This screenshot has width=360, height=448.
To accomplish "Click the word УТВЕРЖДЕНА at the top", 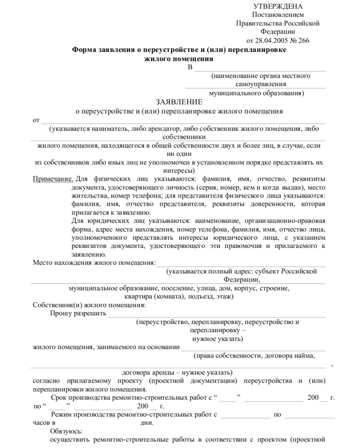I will (x=278, y=6).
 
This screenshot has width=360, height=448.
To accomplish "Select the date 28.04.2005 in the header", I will (x=277, y=40).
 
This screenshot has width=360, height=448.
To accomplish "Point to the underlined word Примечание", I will (x=52, y=178).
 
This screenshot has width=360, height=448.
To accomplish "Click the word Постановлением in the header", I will (x=278, y=15).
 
